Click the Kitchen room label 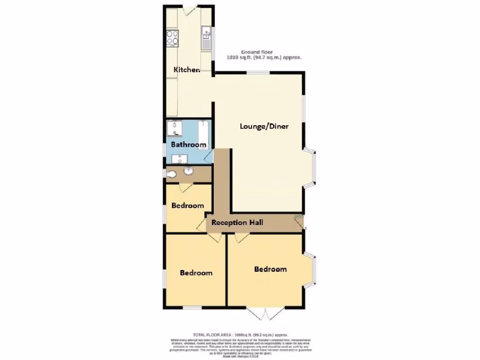click(187, 70)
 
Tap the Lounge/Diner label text click(264, 126)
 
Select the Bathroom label click(188, 144)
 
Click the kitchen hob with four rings click(172, 37)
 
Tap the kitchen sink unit click(206, 37)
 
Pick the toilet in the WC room click(171, 174)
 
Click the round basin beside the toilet click(188, 171)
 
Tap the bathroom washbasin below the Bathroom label click(180, 158)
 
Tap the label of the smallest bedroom click(187, 205)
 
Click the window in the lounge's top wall click(258, 72)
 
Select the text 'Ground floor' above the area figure click(256, 52)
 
